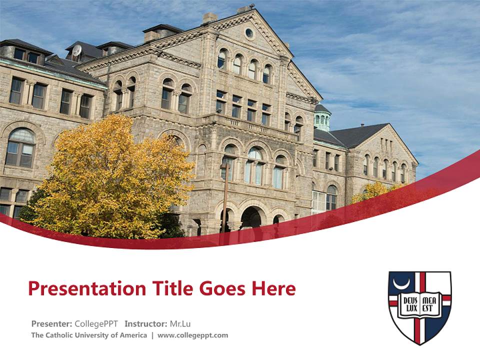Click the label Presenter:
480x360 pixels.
51,323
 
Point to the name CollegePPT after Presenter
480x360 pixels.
96,323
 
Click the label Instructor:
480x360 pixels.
145,323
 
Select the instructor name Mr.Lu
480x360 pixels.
180,323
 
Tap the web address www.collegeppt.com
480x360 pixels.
192,335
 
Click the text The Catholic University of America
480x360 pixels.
89,335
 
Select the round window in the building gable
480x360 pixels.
249,33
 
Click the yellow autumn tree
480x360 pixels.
110,180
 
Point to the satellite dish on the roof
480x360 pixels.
76,50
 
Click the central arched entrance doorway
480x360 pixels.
250,217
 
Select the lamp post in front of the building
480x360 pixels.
224,200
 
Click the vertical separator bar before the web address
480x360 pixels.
152,335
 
